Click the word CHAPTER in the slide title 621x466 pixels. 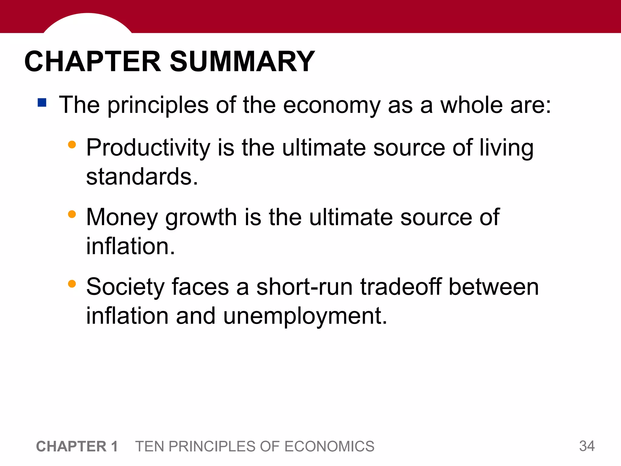coord(92,62)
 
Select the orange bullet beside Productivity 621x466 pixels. coord(72,144)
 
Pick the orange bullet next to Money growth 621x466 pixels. coord(72,214)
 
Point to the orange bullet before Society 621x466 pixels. coord(72,284)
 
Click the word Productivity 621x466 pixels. coord(148,148)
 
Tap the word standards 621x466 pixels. coord(142,177)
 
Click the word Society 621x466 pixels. coord(125,287)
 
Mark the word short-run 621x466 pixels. coord(304,287)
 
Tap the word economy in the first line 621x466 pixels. coord(332,105)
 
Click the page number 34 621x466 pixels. coord(587,446)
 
